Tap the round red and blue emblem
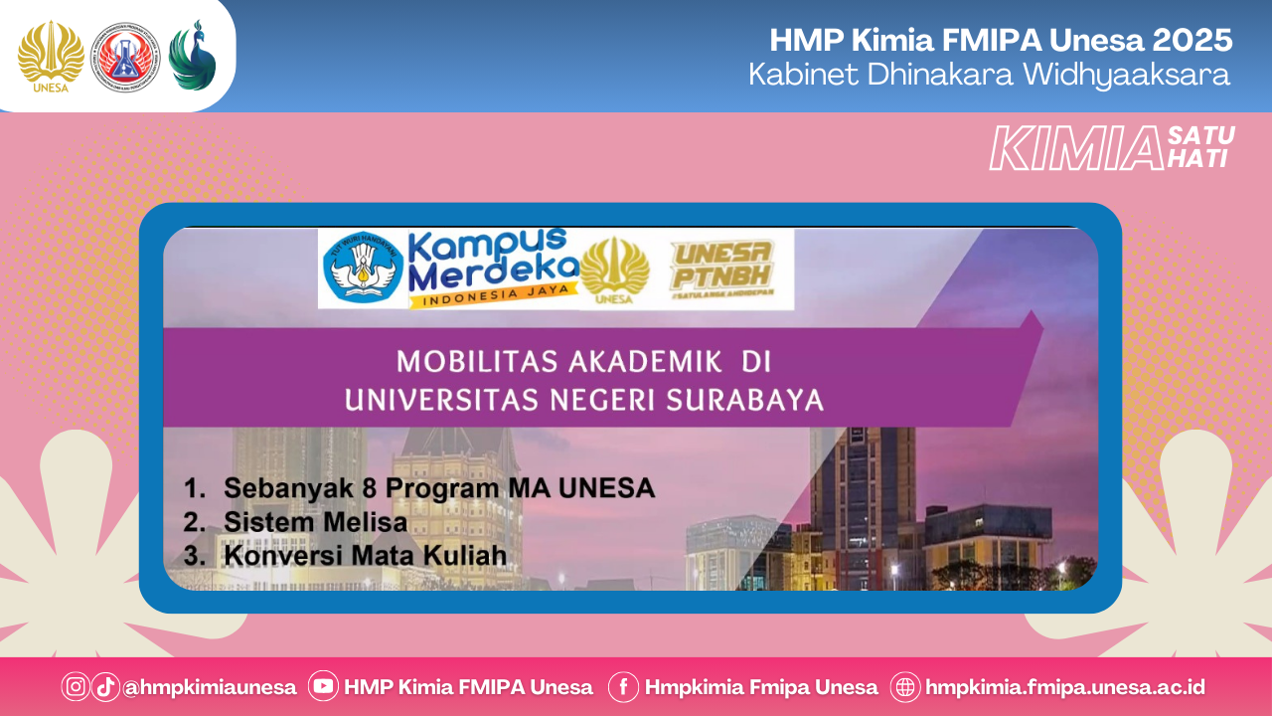click(124, 56)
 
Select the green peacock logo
click(191, 54)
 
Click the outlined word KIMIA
click(1076, 149)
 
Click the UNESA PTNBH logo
click(722, 266)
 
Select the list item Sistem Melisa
click(315, 522)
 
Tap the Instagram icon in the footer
click(76, 687)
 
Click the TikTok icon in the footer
click(105, 687)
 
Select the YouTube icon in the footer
click(323, 687)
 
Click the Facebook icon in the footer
click(623, 687)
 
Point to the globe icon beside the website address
click(905, 687)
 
